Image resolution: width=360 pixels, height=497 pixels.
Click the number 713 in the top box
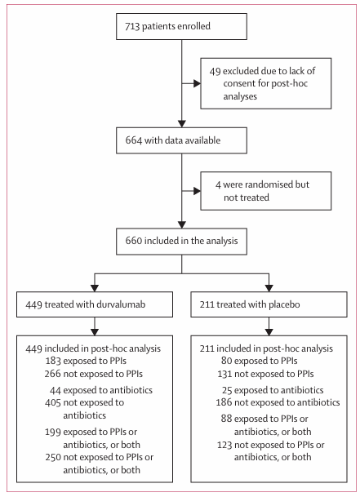point(132,26)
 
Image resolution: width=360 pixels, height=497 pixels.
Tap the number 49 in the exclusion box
point(215,71)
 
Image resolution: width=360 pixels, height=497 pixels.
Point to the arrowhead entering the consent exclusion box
point(197,84)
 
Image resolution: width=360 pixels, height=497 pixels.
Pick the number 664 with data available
point(134,140)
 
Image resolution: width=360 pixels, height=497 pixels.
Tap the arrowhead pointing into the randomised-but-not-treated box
point(197,191)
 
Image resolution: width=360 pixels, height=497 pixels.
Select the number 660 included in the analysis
point(134,241)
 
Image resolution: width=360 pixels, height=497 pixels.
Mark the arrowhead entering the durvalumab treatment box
point(95,288)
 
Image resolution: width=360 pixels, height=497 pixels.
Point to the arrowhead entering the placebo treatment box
point(269,288)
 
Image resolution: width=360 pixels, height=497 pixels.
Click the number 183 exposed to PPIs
point(53,361)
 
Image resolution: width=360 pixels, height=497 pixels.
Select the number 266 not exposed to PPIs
point(52,374)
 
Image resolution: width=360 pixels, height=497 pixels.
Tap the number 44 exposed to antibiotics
point(56,390)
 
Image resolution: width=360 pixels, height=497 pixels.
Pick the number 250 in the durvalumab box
point(52,457)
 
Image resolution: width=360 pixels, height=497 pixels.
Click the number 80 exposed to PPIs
point(226,361)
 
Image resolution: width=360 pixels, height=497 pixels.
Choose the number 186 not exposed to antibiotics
point(224,402)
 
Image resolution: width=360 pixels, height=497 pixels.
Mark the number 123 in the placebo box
point(224,445)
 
